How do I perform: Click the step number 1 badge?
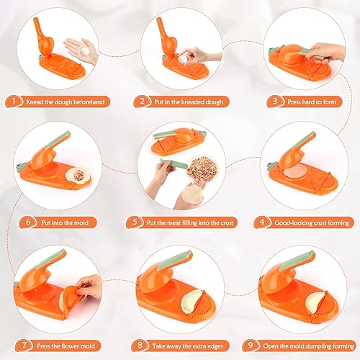(x=14, y=102)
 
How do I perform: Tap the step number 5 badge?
(x=135, y=222)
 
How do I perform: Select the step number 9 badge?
(x=251, y=346)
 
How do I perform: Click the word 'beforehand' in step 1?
(x=89, y=102)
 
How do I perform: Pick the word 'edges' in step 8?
(x=215, y=346)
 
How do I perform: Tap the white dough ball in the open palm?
(x=84, y=51)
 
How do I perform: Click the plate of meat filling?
(x=203, y=167)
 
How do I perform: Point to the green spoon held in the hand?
(x=174, y=163)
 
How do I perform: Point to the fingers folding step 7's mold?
(x=89, y=287)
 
